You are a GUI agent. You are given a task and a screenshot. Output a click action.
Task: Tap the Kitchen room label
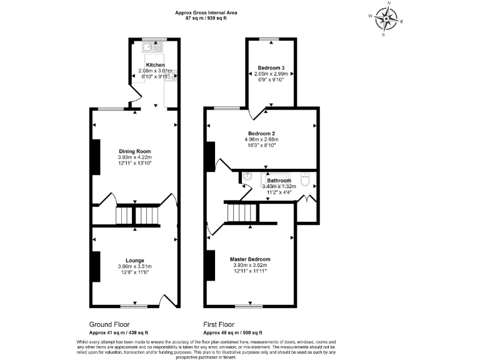[x=155, y=65]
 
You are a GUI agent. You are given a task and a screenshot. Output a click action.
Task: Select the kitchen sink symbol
[x=152, y=46]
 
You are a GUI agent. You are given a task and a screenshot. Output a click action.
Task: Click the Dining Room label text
[x=135, y=151]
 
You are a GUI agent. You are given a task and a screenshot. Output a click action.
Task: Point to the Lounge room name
[x=135, y=261]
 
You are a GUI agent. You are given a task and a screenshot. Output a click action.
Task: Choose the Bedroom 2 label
[x=262, y=133]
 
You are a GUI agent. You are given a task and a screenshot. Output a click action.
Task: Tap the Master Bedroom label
[x=250, y=259]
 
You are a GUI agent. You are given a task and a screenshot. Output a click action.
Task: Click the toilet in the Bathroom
[x=304, y=179]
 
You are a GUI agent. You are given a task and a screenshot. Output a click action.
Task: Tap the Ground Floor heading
[x=110, y=325]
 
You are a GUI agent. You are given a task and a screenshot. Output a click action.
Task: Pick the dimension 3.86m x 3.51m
[x=135, y=267]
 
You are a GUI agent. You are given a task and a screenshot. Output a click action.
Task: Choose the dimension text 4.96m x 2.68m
[x=262, y=139]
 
